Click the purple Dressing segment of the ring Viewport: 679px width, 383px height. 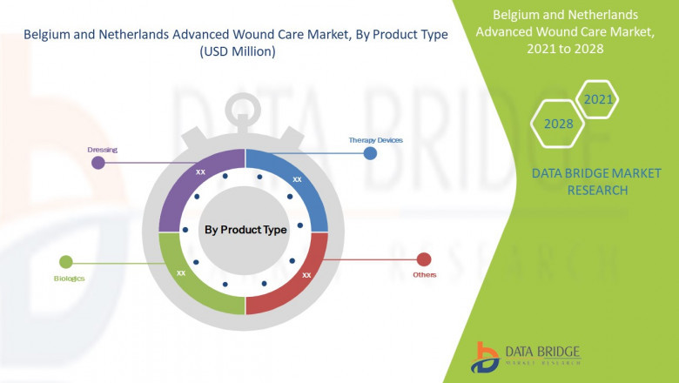(x=187, y=178)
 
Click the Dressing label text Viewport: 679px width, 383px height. (x=102, y=150)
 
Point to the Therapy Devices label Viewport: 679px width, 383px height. (x=375, y=139)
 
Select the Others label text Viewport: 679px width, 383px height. (x=425, y=275)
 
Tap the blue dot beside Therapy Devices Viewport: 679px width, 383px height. (x=370, y=153)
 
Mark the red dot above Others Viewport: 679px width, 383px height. (x=424, y=259)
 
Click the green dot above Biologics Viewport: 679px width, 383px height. (x=65, y=261)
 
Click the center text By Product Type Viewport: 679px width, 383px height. (x=245, y=230)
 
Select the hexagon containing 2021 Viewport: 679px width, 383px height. (x=598, y=99)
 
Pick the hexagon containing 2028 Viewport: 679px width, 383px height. (x=559, y=124)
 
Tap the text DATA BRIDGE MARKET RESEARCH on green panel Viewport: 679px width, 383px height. (x=579, y=182)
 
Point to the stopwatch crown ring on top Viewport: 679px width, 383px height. (x=245, y=107)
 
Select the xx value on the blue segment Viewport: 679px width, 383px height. (x=297, y=179)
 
